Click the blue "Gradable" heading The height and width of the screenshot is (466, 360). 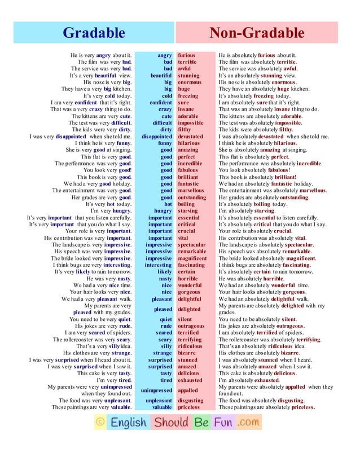94,33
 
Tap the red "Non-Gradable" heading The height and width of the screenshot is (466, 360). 265,33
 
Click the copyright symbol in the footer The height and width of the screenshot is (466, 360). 100,422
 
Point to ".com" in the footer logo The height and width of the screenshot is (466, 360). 248,422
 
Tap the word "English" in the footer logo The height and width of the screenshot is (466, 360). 128,422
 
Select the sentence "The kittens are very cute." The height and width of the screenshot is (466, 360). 100,116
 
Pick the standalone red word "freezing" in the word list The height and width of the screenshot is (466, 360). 188,96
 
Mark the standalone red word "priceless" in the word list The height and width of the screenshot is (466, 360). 188,407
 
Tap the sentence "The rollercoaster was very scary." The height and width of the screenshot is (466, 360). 92,340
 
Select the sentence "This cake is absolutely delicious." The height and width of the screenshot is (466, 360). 257,373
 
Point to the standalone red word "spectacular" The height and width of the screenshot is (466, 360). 192,245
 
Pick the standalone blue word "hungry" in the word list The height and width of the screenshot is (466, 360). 163,211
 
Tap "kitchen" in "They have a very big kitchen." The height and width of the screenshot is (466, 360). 122,89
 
